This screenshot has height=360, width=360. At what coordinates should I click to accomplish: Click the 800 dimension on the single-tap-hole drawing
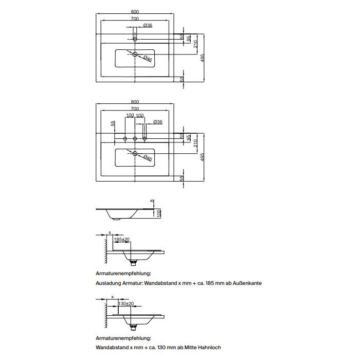point(135,11)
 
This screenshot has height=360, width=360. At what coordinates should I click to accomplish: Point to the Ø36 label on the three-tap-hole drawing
point(158,122)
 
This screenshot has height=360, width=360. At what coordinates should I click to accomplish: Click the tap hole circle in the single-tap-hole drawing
point(135,39)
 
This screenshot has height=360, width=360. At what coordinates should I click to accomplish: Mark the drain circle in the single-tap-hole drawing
point(135,55)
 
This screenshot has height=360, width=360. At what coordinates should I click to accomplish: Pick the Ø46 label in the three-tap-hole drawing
point(148,158)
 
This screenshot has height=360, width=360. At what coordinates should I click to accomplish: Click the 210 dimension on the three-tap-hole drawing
point(196,145)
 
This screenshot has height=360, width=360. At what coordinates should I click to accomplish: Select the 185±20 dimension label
point(122,240)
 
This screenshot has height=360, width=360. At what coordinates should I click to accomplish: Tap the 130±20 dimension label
point(125,304)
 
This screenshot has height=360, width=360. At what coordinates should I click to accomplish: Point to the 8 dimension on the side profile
point(152,201)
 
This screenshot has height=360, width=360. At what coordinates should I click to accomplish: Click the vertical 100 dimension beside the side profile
point(159,212)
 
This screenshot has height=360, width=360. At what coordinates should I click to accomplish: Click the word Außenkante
point(247,283)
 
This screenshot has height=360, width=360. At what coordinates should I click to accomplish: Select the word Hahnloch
point(208,348)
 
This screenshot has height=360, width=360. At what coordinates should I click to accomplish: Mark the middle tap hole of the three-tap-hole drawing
point(135,138)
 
